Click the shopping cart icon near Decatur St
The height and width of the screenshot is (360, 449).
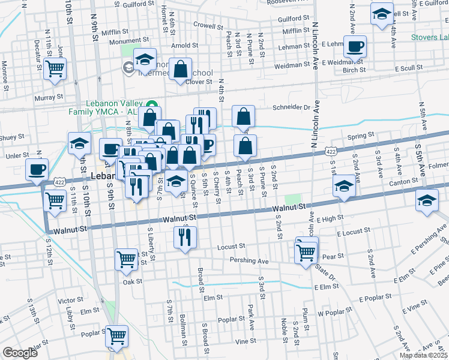(55, 68)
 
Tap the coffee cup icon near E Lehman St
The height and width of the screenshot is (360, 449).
(355, 46)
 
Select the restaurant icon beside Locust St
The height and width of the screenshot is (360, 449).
(185, 237)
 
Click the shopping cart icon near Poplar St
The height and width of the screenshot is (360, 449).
(116, 337)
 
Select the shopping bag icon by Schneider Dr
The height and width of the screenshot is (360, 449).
(244, 116)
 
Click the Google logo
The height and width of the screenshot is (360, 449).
(20, 352)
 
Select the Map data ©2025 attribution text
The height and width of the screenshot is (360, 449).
(423, 355)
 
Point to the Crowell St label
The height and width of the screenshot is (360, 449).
(208, 26)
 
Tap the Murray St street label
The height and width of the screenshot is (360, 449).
(49, 97)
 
